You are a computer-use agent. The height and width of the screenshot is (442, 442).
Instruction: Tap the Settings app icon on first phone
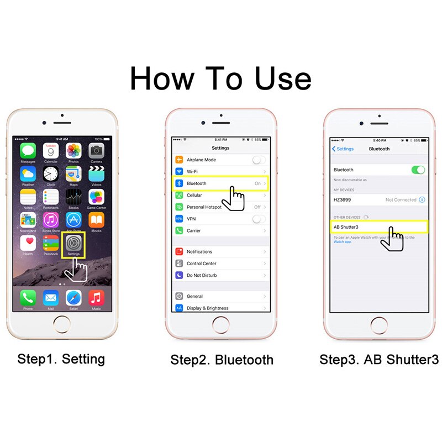click(73, 243)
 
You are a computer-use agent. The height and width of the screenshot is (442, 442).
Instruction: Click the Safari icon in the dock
click(73, 298)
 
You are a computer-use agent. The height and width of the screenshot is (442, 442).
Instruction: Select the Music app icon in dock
click(96, 298)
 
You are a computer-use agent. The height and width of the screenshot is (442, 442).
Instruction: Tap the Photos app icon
click(73, 151)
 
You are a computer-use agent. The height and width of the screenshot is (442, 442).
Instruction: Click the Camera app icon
click(96, 151)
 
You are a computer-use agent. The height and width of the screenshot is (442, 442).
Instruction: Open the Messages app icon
click(28, 151)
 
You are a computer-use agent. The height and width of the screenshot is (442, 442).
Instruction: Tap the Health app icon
click(28, 243)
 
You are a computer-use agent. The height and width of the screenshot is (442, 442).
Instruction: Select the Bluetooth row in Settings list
click(220, 183)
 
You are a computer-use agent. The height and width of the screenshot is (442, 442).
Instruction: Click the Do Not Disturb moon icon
click(179, 275)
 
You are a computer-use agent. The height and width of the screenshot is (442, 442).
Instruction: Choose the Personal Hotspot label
click(204, 207)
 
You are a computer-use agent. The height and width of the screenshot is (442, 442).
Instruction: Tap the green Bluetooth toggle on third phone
click(418, 170)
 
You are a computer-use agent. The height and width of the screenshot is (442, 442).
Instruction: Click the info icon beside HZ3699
click(422, 199)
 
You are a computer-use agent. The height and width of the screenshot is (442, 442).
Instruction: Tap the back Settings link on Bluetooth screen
click(343, 149)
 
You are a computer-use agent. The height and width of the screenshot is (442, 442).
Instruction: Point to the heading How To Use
click(220, 78)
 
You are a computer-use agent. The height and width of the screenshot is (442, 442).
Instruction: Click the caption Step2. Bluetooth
click(222, 360)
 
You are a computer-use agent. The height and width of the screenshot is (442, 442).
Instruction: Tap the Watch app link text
click(341, 241)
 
